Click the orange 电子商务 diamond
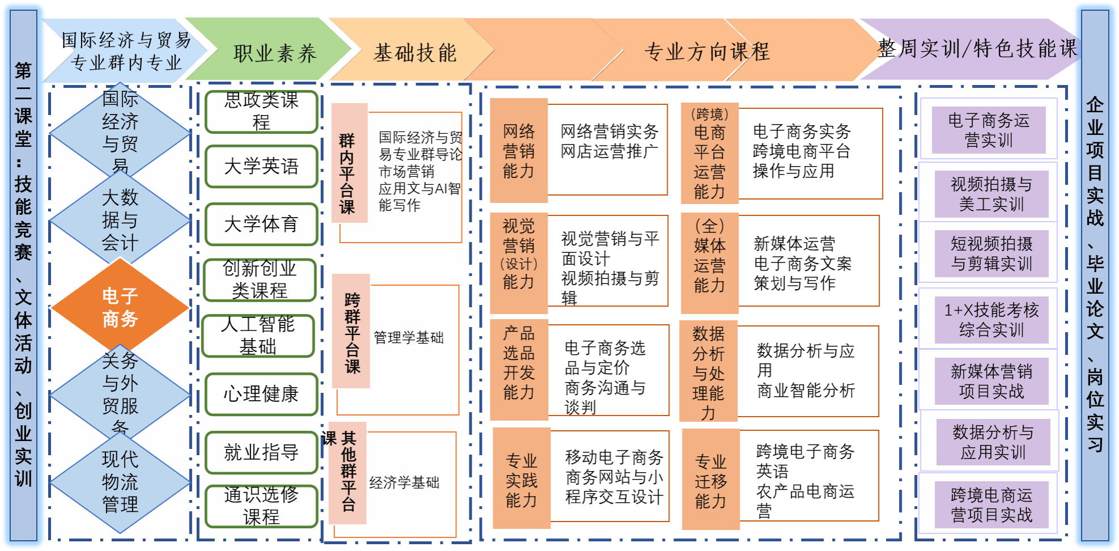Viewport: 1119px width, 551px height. [120, 307]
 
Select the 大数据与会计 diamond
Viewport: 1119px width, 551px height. [120, 219]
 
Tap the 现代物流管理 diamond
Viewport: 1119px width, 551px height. [120, 481]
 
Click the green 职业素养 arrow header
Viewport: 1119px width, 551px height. [274, 53]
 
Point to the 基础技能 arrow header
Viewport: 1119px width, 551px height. [415, 53]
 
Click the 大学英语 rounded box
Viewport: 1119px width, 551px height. [261, 166]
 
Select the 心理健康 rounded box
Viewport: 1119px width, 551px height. [261, 394]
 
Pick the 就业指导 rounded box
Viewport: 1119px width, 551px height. [261, 452]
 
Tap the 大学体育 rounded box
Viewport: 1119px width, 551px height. [261, 224]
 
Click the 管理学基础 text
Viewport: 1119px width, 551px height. [408, 338]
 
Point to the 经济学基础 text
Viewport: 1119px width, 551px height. [404, 482]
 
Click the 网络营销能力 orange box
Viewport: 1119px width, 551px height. [519, 151]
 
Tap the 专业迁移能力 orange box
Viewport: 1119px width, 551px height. [710, 480]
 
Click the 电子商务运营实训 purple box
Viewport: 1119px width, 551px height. [988, 130]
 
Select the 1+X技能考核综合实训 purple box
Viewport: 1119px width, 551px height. [991, 320]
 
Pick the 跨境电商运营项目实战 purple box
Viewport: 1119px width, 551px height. [991, 505]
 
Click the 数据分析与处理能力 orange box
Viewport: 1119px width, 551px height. [708, 371]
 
